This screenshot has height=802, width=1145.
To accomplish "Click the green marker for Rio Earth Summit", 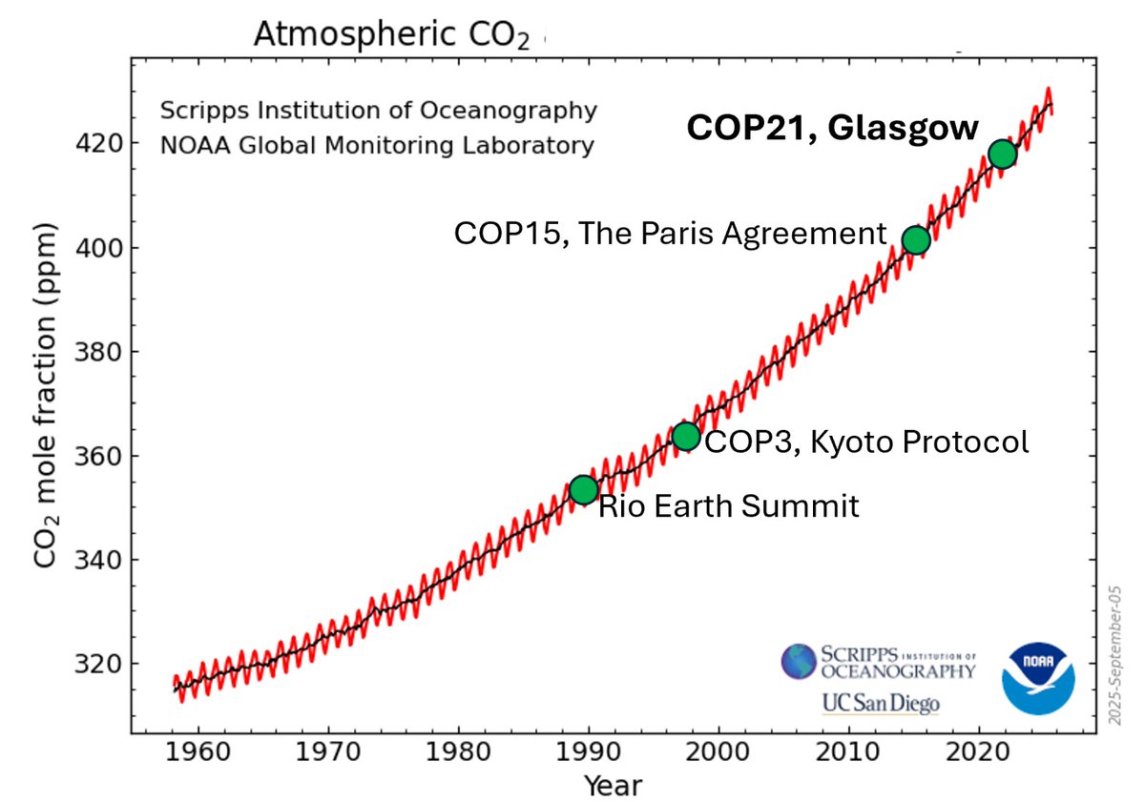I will click(583, 489).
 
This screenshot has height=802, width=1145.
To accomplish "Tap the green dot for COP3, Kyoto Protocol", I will click(685, 437).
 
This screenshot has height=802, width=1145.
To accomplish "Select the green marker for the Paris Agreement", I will click(915, 240).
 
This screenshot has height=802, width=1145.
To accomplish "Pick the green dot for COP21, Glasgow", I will click(1002, 154).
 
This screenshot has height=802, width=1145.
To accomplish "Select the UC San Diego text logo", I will click(880, 704).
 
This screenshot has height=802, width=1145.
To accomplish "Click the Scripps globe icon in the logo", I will click(799, 661).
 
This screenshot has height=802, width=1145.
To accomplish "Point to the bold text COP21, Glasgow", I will click(833, 128).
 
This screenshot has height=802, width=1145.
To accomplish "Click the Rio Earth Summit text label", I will click(728, 505).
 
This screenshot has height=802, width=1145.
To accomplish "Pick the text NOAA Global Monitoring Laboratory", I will click(377, 146).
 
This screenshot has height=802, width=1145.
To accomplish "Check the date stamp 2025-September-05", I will click(1115, 655).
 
